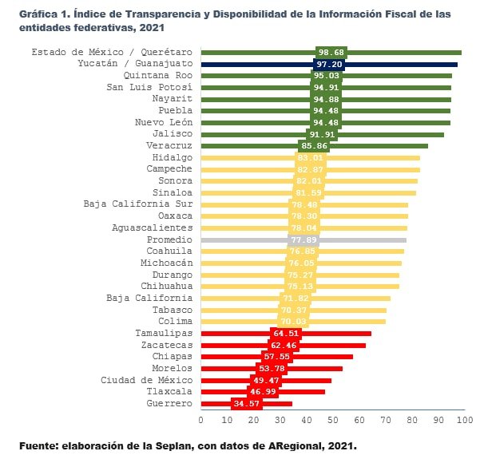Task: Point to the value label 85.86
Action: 314,146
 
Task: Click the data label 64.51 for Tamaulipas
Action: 286,333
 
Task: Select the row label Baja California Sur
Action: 138,204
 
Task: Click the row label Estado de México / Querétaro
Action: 112,52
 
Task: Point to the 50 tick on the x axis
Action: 331,418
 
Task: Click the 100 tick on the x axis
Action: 463,418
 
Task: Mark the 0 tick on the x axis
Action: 200,418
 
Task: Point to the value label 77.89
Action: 303,239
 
